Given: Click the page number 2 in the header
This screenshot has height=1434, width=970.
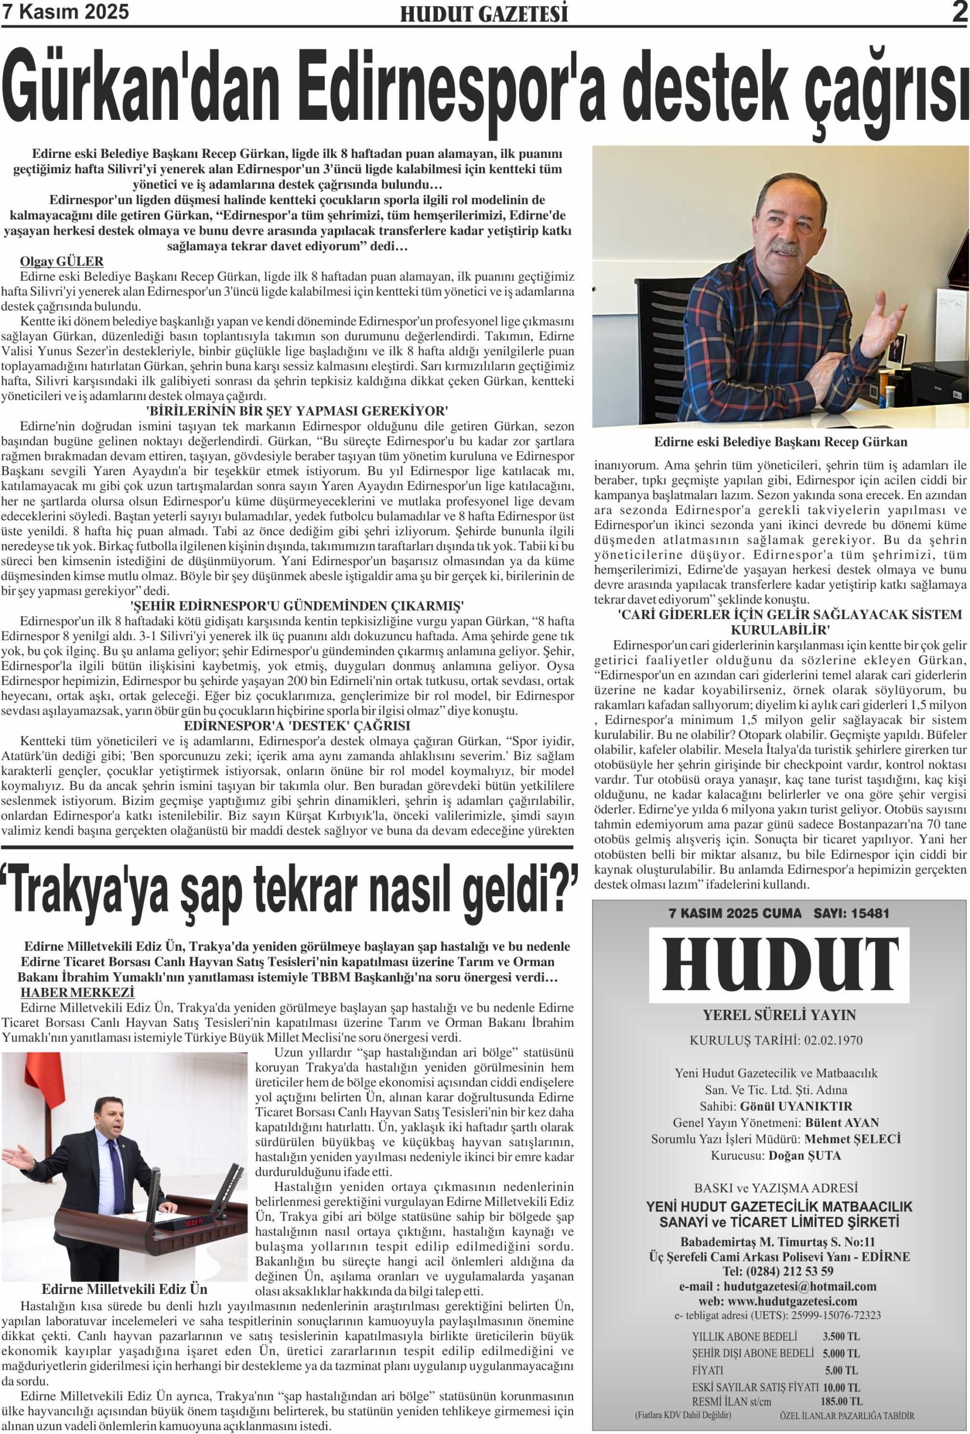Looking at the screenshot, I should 959,12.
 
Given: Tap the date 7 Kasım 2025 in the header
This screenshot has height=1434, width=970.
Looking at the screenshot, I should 67,12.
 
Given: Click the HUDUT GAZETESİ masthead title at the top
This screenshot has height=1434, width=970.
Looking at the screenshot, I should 484,14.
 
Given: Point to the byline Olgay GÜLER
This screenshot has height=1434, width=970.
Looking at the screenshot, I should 62,262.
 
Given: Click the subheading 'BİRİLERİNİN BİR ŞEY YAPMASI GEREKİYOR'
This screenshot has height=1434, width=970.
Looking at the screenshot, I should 297,411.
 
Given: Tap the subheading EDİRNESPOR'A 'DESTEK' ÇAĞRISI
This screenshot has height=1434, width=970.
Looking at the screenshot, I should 297,725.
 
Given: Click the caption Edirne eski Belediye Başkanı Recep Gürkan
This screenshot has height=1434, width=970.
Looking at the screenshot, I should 781,442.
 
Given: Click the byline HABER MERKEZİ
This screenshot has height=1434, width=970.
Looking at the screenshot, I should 77,992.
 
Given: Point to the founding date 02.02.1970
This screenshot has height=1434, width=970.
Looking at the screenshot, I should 833,1040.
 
